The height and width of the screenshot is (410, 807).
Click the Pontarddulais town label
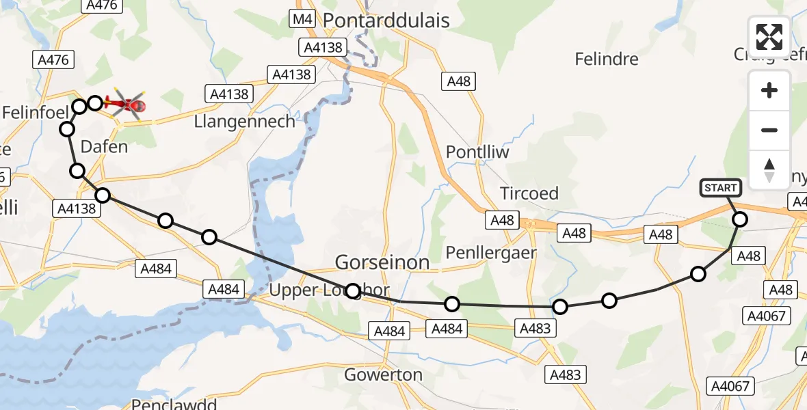(386, 20)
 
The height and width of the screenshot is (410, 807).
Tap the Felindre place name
(607, 59)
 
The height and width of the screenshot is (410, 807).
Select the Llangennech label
(245, 122)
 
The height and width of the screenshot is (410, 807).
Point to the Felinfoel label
(33, 111)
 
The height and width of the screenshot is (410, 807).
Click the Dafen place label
(104, 146)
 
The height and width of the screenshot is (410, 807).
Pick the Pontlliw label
(477, 152)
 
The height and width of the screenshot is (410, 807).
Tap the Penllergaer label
(491, 253)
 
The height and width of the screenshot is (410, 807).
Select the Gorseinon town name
(382, 262)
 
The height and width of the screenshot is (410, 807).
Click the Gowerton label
(383, 374)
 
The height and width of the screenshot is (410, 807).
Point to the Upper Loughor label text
(315, 290)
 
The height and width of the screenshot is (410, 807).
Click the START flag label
(720, 188)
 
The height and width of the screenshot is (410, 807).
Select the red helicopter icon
(126, 105)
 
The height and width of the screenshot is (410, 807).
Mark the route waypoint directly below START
(740, 219)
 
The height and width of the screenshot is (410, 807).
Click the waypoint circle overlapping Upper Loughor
(353, 291)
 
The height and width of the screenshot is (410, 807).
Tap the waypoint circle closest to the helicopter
(95, 103)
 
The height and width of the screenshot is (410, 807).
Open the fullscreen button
(769, 37)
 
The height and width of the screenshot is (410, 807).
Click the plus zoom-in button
(769, 90)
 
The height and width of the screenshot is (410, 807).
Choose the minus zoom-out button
(769, 130)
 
